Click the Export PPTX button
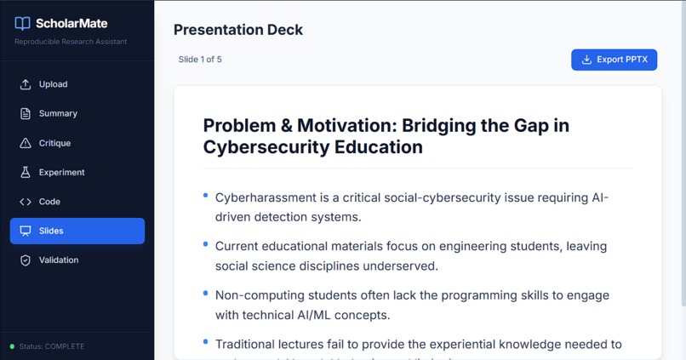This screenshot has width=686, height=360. pos(614,60)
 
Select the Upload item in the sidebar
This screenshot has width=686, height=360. pos(53,84)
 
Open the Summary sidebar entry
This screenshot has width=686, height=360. pos(58,113)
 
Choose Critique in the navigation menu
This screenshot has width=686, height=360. pos(54,143)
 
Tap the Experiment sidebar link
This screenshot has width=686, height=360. pos(61,172)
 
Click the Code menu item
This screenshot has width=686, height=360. pos(49,202)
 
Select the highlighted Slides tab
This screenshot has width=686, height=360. pos(77,231)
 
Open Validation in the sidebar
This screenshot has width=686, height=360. pos(59,260)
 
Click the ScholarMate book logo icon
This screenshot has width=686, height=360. pos(23,24)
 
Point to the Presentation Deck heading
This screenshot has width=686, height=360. pos(238,30)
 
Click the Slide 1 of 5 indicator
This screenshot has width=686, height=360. pos(200,60)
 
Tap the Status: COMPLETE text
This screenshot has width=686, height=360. pos(52,346)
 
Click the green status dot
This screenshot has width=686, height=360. pos(12,346)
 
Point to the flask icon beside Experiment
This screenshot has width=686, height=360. pos(26,172)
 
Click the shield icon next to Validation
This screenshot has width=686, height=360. pos(26,260)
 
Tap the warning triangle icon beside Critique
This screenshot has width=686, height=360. pos(26,143)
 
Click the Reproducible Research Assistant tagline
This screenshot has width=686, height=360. pos(71,42)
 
